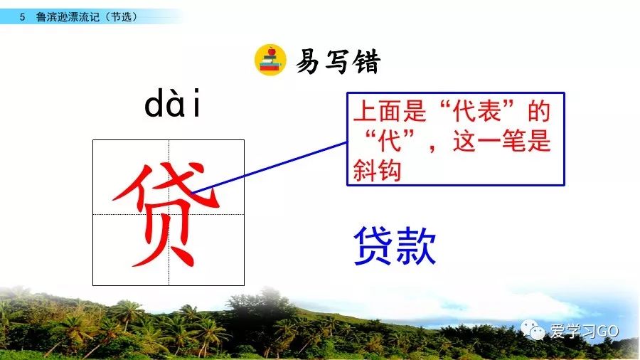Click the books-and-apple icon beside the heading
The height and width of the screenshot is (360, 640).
pos(270,60)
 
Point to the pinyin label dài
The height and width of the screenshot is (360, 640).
pos(173,102)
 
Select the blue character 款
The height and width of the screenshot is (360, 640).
pos(416,245)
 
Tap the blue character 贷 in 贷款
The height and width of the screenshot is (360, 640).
pos(374,245)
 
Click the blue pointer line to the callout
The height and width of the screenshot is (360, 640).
pos(270,167)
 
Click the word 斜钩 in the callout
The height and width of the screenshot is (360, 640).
pos(377,170)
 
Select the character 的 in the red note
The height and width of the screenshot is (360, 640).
pos(539,110)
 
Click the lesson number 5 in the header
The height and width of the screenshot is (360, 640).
pos(22,17)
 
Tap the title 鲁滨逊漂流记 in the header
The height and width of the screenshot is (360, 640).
pos(68,17)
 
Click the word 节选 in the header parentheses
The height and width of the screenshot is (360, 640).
pos(122,17)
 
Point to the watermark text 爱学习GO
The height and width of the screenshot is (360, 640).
pos(584,331)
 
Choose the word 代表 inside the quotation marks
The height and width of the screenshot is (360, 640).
pos(477,110)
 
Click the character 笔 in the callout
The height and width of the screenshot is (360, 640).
pos(513,141)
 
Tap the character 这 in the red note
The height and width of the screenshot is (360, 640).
pos(464,141)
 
